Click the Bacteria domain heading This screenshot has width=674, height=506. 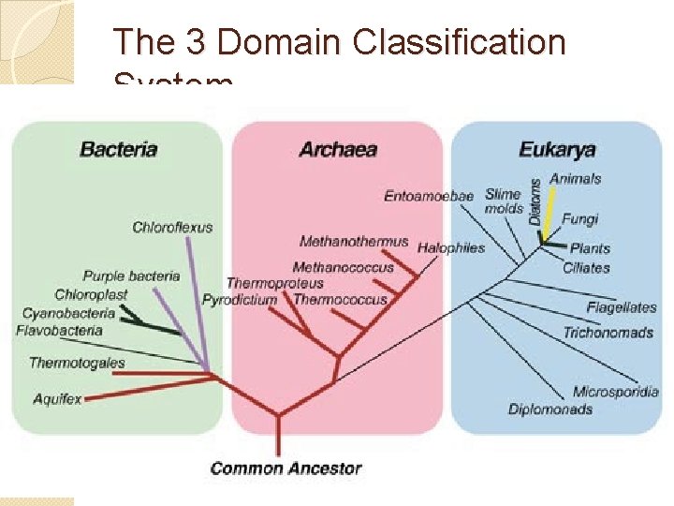pyautogui.click(x=118, y=149)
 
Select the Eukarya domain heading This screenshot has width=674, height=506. pyautogui.click(x=557, y=149)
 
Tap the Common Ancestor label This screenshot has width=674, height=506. pyautogui.click(x=286, y=468)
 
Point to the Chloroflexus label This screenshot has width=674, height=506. pyautogui.click(x=172, y=227)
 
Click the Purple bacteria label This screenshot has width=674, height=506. pyautogui.click(x=131, y=276)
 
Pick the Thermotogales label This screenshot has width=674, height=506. pyautogui.click(x=77, y=363)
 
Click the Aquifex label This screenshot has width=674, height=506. pyautogui.click(x=57, y=398)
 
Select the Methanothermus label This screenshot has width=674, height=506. pyautogui.click(x=354, y=242)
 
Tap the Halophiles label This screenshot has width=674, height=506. pyautogui.click(x=451, y=247)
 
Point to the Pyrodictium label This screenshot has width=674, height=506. pyautogui.click(x=240, y=300)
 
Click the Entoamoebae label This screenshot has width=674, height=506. pyautogui.click(x=429, y=196)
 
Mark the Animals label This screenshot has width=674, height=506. pyautogui.click(x=575, y=178)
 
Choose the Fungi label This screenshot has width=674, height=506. pyautogui.click(x=579, y=219)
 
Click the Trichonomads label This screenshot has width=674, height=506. pyautogui.click(x=608, y=333)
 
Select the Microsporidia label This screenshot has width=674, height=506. pyautogui.click(x=615, y=392)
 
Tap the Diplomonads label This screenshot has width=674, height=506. pyautogui.click(x=550, y=409)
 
